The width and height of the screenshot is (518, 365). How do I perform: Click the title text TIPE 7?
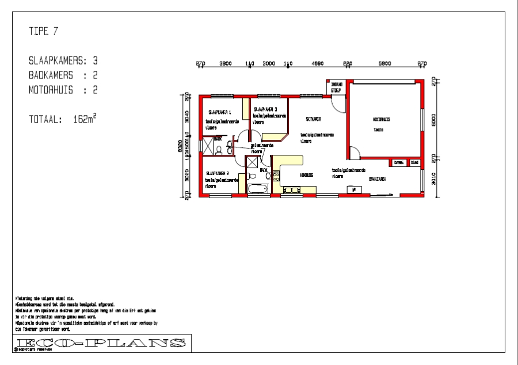coord(43,32)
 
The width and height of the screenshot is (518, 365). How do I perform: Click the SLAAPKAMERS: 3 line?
coord(63,60)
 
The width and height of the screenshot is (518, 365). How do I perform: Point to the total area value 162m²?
coord(85,119)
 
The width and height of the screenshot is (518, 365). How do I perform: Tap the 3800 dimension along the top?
coord(225,64)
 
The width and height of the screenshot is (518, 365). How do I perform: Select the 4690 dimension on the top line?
coord(318,64)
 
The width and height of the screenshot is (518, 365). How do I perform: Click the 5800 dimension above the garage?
coord(385,64)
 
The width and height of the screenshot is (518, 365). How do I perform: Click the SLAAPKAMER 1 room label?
coord(219,112)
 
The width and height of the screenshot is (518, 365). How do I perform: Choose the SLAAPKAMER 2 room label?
coord(218,173)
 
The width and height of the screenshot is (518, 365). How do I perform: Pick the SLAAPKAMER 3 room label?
coord(265,109)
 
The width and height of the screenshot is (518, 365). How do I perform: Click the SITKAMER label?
coord(313,119)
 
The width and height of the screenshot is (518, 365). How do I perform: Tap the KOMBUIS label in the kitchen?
coord(306,175)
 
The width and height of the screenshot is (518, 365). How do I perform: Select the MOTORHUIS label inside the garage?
coord(381,120)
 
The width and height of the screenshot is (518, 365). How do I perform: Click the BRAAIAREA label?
coord(377,179)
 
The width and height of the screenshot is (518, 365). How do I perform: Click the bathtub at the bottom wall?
coord(257,189)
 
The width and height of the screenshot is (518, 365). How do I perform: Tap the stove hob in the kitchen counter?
coord(291,190)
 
